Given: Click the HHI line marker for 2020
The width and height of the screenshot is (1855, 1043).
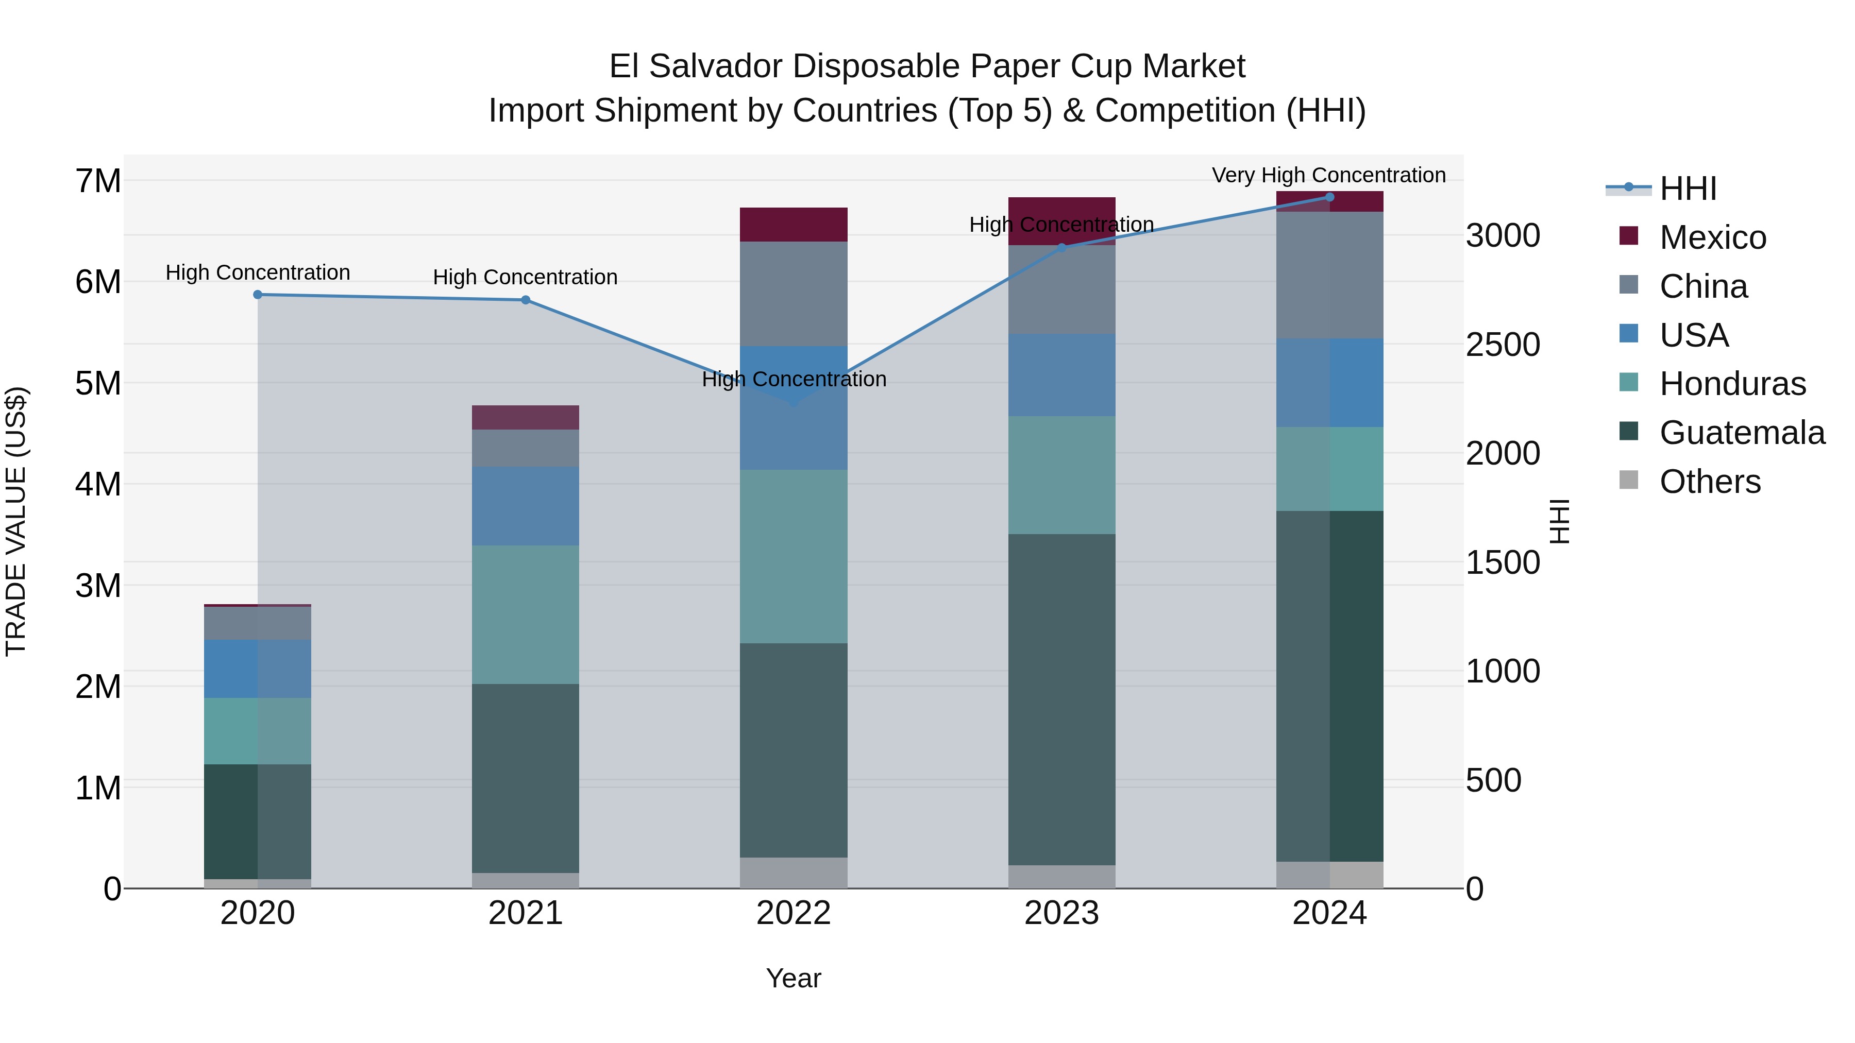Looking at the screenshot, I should (x=258, y=295).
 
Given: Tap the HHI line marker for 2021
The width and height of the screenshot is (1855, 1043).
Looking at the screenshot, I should (x=526, y=300).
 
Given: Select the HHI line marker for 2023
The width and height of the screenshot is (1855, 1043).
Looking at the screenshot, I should (x=1061, y=248).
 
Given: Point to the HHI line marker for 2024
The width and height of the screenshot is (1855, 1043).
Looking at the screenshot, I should (x=1329, y=197).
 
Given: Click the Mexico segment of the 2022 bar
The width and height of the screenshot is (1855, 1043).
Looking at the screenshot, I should (x=794, y=225).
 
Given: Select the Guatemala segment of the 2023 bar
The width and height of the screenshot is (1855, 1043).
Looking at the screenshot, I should (x=1061, y=699).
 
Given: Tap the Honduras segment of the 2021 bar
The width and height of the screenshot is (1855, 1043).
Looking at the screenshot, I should (x=526, y=614).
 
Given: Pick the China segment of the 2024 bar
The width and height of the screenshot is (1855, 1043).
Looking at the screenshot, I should (x=1329, y=275).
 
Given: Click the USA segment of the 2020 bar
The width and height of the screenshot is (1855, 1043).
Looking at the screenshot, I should (x=258, y=669).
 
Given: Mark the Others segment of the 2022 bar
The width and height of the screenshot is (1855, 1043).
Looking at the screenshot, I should (x=794, y=873).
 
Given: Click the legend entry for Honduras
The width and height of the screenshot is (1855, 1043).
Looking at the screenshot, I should (x=1732, y=384).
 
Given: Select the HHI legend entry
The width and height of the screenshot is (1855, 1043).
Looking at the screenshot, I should (x=1687, y=189).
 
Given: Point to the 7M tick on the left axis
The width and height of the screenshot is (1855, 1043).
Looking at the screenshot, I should (x=98, y=181).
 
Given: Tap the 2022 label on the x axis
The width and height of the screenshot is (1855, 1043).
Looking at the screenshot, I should (x=794, y=913).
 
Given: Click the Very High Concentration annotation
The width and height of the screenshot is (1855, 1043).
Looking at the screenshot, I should (x=1328, y=175).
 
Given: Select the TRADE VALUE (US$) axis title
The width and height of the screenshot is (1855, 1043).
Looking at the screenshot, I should (x=16, y=521).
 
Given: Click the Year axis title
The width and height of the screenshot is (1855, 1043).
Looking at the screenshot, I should (x=794, y=978).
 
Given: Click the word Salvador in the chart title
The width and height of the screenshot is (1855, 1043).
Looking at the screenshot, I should (x=873, y=66).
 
